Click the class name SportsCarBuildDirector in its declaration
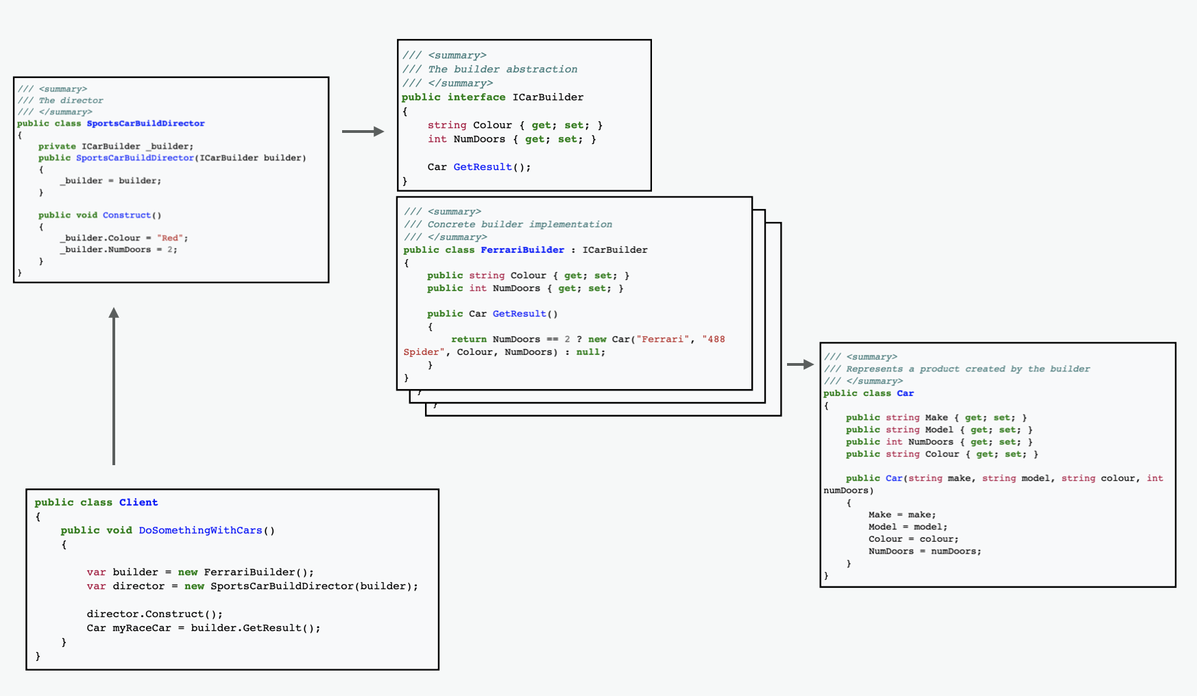coord(145,123)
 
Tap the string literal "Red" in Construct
coord(171,238)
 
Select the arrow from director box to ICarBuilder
coord(363,132)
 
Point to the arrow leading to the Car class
coord(799,364)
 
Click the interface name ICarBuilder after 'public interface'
coord(548,97)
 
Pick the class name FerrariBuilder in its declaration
coord(522,250)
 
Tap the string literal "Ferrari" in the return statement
coord(662,339)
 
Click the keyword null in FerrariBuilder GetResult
coord(588,352)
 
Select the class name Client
coord(138,502)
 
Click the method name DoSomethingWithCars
coord(200,530)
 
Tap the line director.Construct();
coord(154,614)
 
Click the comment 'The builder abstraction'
coord(503,69)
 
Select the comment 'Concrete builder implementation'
coord(520,224)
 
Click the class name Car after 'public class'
coord(905,393)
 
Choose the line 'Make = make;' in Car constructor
coord(902,514)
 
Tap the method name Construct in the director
coord(127,215)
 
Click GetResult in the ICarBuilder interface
coord(483,166)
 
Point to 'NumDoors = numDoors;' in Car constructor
coord(924,551)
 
